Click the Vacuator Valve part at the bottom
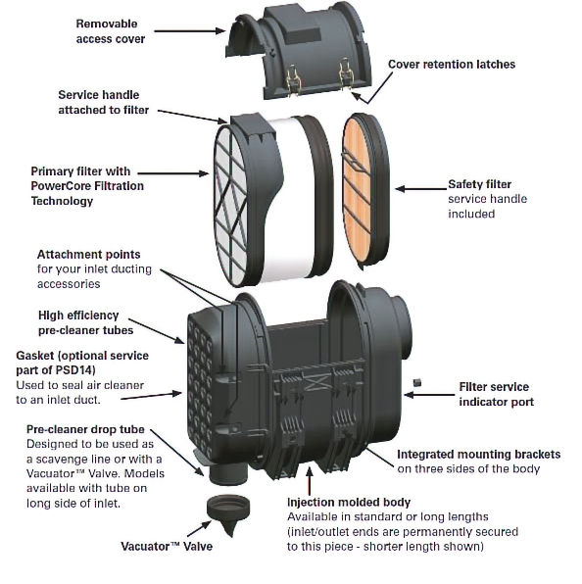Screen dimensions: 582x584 [228, 513]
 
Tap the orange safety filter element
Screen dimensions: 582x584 [358, 190]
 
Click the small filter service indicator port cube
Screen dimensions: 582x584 [417, 383]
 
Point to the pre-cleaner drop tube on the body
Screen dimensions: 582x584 [228, 472]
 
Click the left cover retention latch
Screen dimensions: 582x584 [293, 80]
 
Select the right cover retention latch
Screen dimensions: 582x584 [346, 73]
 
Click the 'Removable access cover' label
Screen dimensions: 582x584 [110, 31]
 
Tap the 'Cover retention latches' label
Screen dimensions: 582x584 [452, 64]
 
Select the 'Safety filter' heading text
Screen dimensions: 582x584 [479, 184]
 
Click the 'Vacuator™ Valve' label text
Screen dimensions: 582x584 [167, 547]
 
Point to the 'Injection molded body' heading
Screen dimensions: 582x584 [349, 502]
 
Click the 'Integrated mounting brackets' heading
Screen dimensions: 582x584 [478, 455]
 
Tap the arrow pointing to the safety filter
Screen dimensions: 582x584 [420, 189]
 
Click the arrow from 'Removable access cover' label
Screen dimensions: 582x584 [190, 31]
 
